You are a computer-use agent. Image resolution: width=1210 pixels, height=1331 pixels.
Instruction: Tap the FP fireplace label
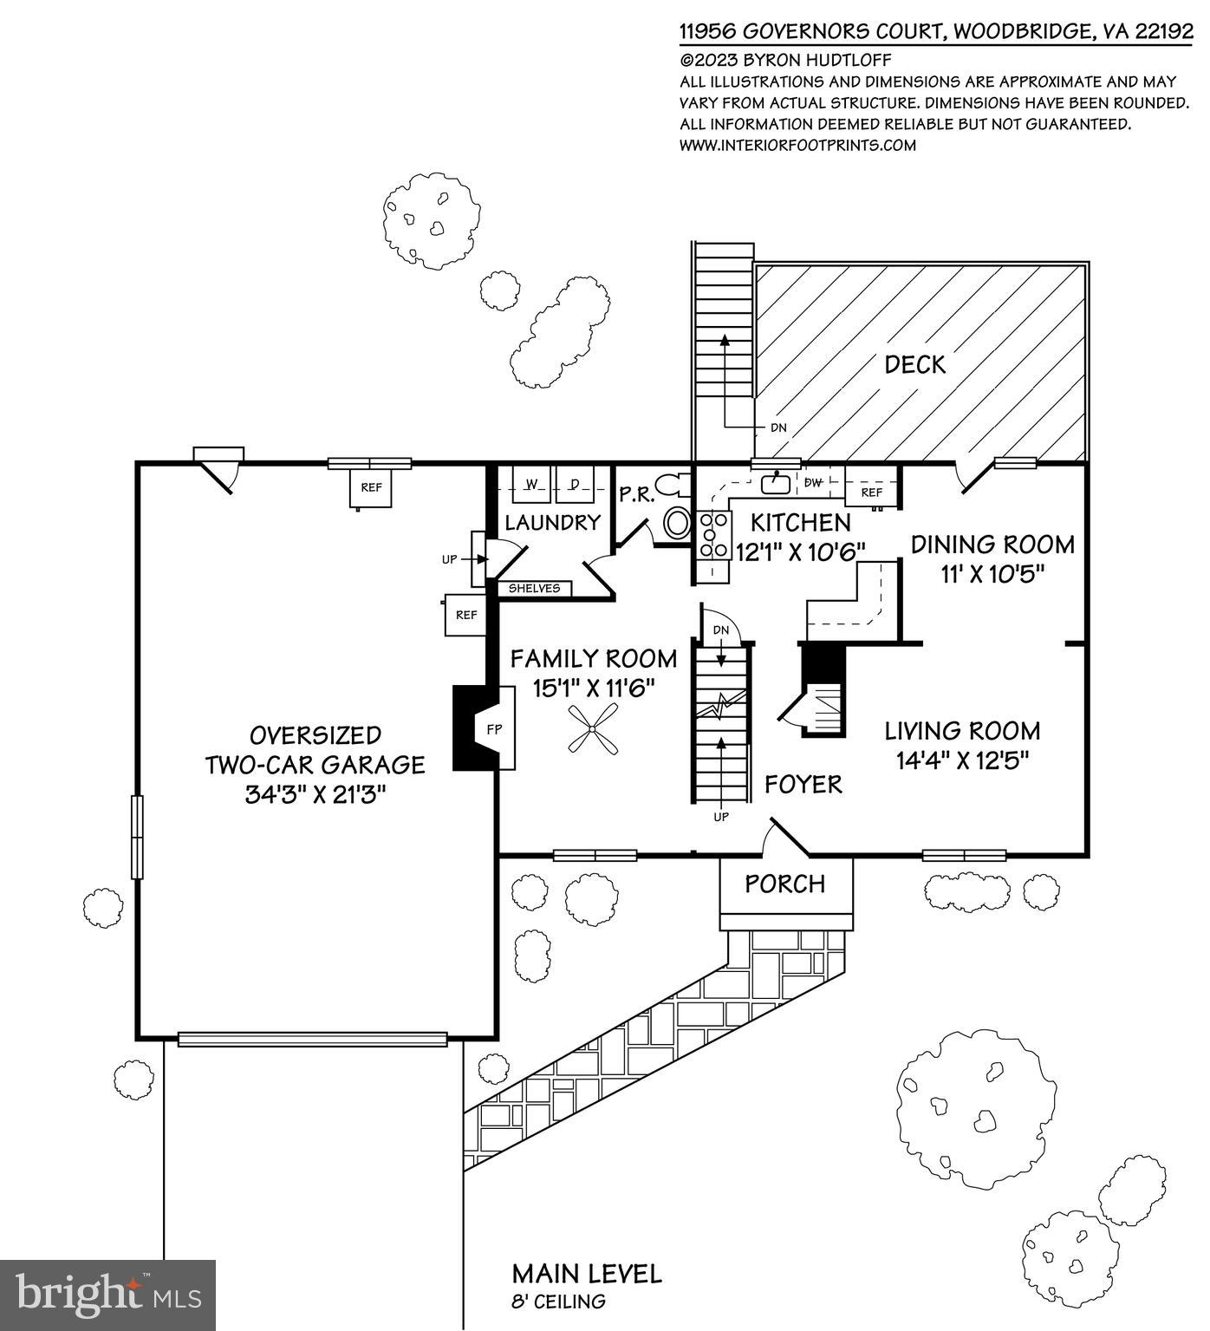[x=494, y=729]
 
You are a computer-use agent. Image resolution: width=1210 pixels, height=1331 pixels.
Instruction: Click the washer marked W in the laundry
[x=532, y=484]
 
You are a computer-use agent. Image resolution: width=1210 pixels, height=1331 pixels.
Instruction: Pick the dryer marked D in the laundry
[x=573, y=484]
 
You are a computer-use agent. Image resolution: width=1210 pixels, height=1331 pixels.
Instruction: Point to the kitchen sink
[x=775, y=482]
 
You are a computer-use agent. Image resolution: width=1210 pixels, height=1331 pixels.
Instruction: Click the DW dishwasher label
[x=813, y=483]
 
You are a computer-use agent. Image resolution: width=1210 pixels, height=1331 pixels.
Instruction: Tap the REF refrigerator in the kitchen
[x=871, y=493]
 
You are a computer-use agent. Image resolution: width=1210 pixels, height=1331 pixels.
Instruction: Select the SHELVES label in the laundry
[x=534, y=589]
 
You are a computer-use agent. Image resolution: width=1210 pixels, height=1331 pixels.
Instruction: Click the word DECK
[x=914, y=365]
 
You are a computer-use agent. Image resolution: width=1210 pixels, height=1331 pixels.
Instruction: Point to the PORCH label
[x=785, y=884]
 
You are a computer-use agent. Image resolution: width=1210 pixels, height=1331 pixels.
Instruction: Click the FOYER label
[x=803, y=785]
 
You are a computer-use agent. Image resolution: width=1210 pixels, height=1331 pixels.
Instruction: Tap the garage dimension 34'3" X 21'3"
[x=315, y=794]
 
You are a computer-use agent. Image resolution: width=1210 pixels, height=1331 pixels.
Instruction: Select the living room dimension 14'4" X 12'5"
[x=962, y=760]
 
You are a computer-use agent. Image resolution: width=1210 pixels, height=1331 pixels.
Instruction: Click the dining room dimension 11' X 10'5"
[x=992, y=573]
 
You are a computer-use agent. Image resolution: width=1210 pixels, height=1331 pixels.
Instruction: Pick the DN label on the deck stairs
[x=779, y=428]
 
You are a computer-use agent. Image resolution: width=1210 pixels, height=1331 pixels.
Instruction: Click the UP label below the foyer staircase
[x=720, y=817]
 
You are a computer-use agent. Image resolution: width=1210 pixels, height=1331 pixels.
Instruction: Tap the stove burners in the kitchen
[x=714, y=535]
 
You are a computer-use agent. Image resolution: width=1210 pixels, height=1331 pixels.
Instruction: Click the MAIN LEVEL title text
[x=587, y=1274]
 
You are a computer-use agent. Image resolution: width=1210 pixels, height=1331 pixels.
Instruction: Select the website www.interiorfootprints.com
[x=797, y=145]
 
